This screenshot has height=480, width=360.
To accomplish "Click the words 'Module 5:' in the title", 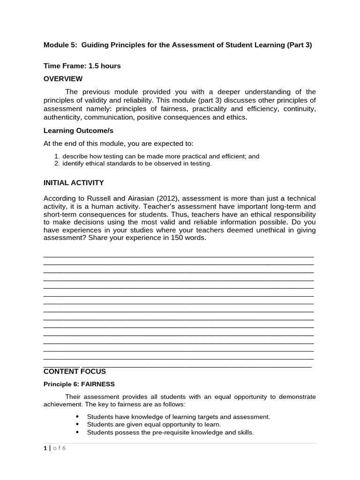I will tap(60, 45).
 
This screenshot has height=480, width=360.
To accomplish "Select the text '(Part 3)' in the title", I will tap(299, 45).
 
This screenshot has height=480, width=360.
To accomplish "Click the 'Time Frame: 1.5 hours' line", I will tap(82, 66).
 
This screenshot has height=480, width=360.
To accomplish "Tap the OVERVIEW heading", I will tap(63, 79).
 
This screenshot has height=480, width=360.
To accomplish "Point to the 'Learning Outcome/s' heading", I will tap(78, 130).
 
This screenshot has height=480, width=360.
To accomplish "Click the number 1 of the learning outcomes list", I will tap(56, 157).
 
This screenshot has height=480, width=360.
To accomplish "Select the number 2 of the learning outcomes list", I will tap(56, 164).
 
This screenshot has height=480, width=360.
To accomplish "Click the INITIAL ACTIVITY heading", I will tap(74, 183).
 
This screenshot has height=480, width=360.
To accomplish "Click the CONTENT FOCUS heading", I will tap(75, 372).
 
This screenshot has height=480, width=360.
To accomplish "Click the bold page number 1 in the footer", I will tap(45, 448).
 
